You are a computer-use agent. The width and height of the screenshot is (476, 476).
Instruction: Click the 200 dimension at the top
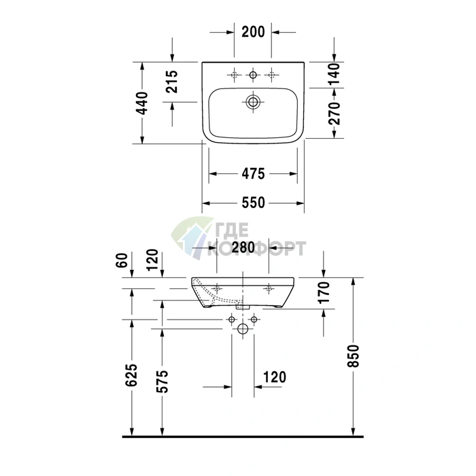pyautogui.click(x=253, y=31)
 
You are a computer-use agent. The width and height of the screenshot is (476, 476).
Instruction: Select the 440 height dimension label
pyautogui.click(x=141, y=103)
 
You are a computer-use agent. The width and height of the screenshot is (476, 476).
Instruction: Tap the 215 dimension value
pyautogui.click(x=172, y=82)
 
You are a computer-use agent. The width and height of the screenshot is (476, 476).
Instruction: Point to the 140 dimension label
pyautogui.click(x=335, y=74)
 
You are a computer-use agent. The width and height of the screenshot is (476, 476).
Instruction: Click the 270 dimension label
pyautogui.click(x=335, y=114)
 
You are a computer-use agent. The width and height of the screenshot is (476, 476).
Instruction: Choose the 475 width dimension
pyautogui.click(x=253, y=174)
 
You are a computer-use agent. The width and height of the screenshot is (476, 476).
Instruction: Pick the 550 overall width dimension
pyautogui.click(x=253, y=203)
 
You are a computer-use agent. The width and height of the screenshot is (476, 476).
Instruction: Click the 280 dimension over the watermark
pyautogui.click(x=243, y=248)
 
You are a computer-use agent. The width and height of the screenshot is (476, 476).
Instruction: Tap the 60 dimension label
pyautogui.click(x=122, y=260)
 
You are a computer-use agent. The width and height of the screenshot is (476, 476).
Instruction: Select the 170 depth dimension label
pyautogui.click(x=324, y=292)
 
